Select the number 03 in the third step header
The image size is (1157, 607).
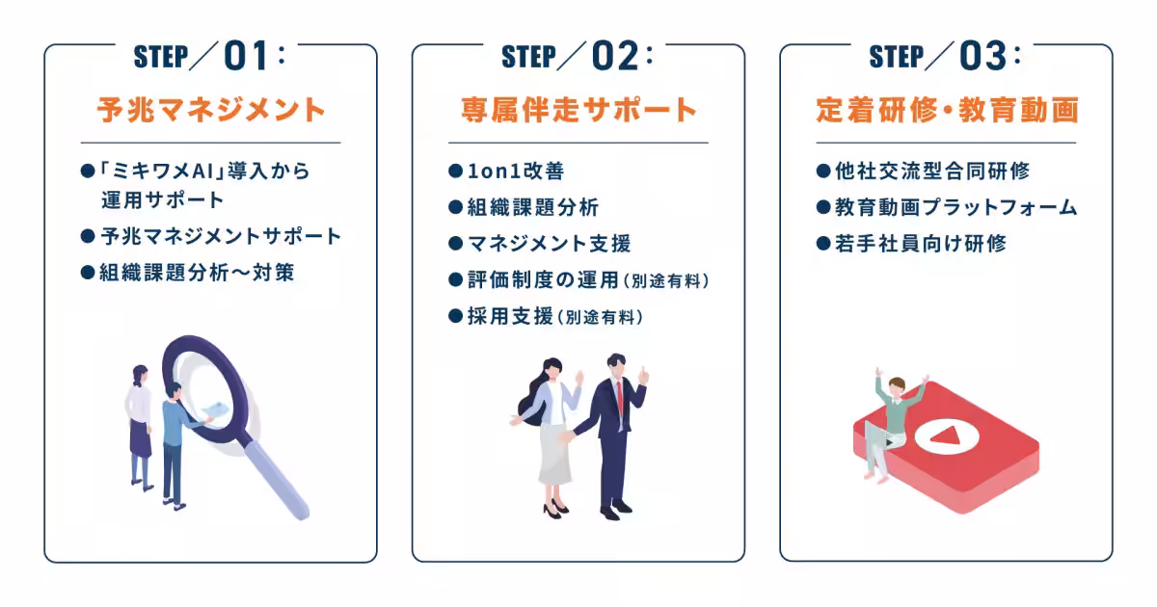pos(982,58)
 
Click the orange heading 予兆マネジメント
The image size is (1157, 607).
pos(211,110)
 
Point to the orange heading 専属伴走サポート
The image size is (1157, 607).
pos(578,110)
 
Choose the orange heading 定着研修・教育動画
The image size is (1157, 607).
pos(946,110)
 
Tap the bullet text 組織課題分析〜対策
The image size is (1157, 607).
pos(197,273)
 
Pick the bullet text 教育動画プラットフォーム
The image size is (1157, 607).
pos(955,207)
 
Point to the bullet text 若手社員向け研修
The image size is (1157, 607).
pos(921,244)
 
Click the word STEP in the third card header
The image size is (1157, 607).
pos(897,58)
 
